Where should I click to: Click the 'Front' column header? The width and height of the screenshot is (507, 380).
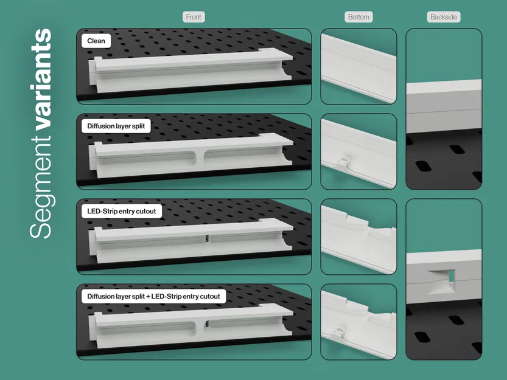coord(194,17)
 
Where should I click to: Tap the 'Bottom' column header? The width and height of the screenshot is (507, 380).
coord(358,17)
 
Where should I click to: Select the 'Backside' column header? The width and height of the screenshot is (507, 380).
coord(443,17)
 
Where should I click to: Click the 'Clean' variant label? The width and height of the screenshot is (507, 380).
coord(96,41)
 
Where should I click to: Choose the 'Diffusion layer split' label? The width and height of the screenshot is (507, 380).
coord(119,126)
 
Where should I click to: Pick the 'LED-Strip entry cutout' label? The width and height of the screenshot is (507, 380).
coord(122,212)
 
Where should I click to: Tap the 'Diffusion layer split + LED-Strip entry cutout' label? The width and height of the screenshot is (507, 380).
coord(153,297)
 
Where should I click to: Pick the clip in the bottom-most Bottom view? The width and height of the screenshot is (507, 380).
coord(339,330)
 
